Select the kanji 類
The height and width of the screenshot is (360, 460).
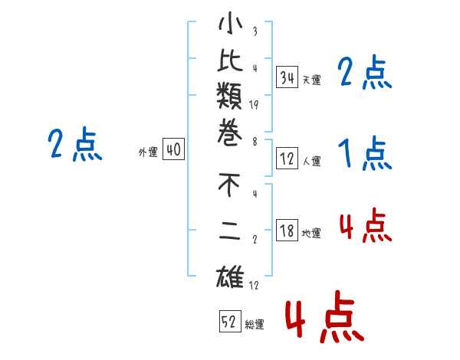[x=230, y=99]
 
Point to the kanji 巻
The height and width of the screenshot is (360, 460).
[x=230, y=136]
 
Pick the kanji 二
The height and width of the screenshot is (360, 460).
[x=230, y=234]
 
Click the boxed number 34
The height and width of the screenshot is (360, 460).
[x=287, y=77]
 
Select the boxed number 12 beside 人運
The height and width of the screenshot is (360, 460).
[x=287, y=159]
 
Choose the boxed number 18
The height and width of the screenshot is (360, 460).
[x=287, y=231]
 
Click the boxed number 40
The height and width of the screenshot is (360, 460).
[x=173, y=150]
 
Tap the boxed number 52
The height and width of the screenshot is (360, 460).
[x=228, y=322]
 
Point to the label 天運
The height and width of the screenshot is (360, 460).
[x=311, y=80]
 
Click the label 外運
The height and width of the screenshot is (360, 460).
[x=147, y=152]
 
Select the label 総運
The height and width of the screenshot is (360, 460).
[x=254, y=325]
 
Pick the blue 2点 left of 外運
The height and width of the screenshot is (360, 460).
[x=74, y=145]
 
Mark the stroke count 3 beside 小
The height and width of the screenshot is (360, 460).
[x=254, y=31]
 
